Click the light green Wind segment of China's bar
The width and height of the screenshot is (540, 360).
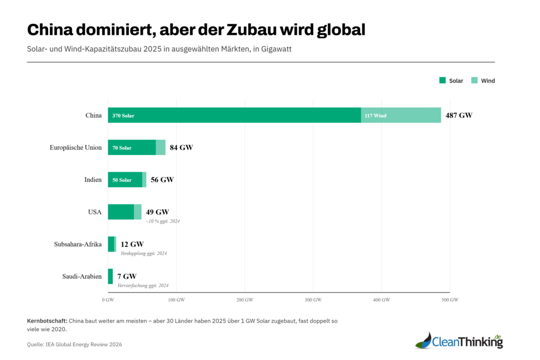click(401, 115)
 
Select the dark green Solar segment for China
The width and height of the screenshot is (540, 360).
click(234, 115)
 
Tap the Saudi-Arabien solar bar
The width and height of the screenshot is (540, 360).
click(110, 276)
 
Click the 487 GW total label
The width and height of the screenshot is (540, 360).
click(459, 115)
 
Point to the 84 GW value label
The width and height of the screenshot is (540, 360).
click(181, 148)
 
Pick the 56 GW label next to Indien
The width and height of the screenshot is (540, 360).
click(162, 180)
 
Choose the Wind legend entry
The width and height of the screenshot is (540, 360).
click(483, 81)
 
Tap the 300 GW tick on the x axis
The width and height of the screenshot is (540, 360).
click(313, 300)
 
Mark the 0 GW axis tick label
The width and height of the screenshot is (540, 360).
click(108, 300)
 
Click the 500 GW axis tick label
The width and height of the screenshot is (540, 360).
click(450, 300)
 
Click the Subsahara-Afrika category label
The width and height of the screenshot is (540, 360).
click(78, 244)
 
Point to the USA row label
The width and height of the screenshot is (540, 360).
click(95, 212)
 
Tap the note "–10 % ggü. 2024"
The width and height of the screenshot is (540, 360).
click(163, 221)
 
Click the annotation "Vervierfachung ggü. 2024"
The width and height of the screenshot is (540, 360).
click(142, 285)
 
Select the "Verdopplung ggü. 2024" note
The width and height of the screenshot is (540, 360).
click(143, 253)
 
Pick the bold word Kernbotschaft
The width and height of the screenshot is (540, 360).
click(47, 320)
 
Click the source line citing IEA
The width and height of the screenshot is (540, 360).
click(74, 344)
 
